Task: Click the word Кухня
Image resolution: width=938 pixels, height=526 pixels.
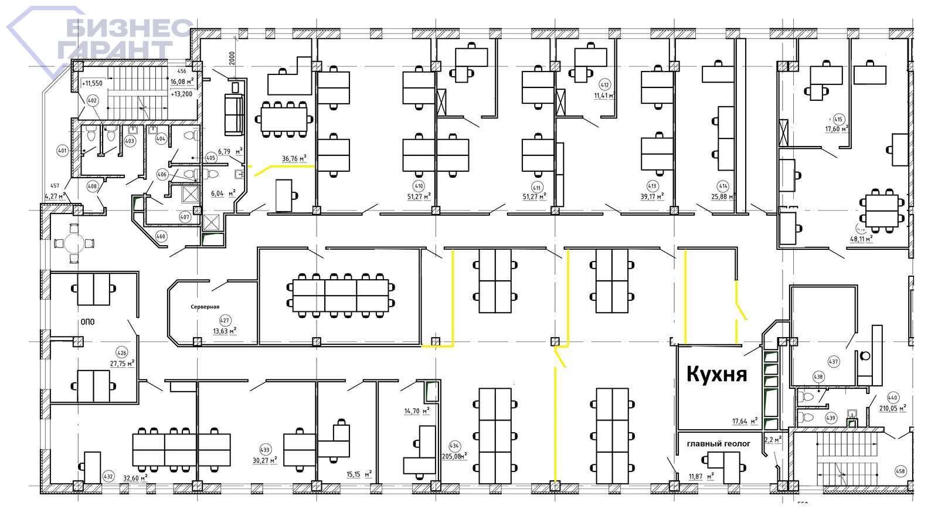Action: [x=716, y=374]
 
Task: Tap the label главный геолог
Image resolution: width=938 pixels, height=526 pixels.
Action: [x=718, y=444]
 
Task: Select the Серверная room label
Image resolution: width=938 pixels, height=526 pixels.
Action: [x=205, y=307]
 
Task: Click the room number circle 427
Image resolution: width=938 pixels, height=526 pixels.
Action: [x=225, y=321]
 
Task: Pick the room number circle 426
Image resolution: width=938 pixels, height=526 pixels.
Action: [x=122, y=353]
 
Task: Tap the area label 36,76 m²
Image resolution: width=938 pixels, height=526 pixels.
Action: [x=294, y=158]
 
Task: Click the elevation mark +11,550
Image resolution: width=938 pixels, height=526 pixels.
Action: [x=92, y=83]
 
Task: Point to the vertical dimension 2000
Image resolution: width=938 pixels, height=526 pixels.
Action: [x=232, y=58]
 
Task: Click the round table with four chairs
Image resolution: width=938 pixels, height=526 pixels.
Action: [x=74, y=243]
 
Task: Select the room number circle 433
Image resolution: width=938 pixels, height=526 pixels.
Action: [x=265, y=450]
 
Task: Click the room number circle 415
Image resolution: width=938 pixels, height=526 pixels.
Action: [x=838, y=120]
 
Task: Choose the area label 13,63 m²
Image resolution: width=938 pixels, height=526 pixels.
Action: [x=225, y=331]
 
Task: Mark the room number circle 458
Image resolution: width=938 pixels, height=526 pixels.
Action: [x=900, y=471]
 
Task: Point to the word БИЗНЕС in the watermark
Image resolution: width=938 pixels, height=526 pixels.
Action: [x=128, y=28]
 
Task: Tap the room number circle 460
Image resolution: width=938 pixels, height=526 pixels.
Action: [x=161, y=236]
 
